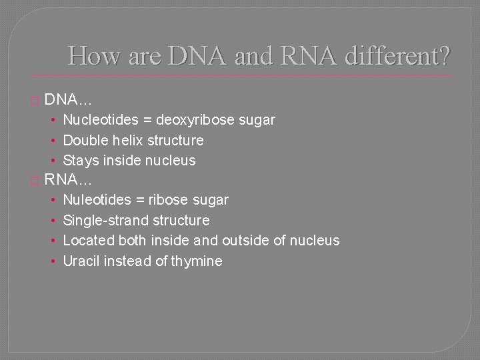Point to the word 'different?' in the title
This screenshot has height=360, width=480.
coord(398,55)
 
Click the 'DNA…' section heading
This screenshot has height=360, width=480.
coord(69,101)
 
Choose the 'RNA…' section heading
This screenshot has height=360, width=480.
coord(69,180)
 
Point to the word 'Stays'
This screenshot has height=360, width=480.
coord(81,161)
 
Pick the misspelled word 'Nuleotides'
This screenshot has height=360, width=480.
coord(97,200)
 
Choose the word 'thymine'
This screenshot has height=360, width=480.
coord(197,261)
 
